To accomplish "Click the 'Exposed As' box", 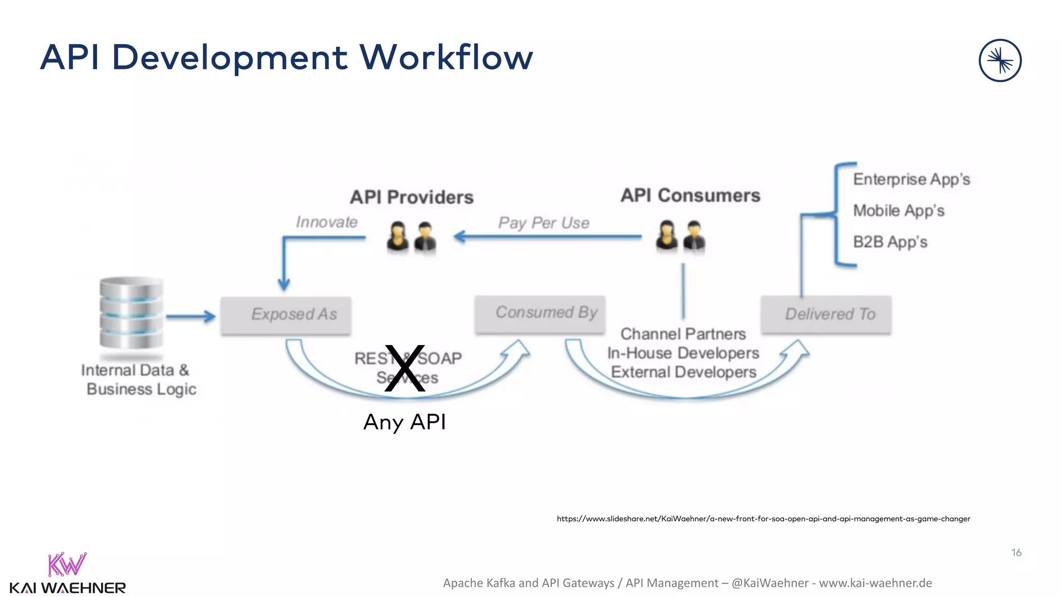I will pyautogui.click(x=286, y=315).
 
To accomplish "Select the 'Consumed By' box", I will pyautogui.click(x=540, y=314).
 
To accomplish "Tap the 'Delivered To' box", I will pyautogui.click(x=826, y=314).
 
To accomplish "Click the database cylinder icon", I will pyautogui.click(x=131, y=313).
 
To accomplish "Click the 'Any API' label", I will pyautogui.click(x=404, y=422).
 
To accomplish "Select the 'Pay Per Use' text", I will pyautogui.click(x=543, y=223).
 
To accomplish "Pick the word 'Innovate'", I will pyautogui.click(x=327, y=222).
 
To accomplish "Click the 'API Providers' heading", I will pyautogui.click(x=412, y=197).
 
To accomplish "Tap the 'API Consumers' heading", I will pyautogui.click(x=690, y=195).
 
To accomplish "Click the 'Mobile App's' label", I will pyautogui.click(x=899, y=210).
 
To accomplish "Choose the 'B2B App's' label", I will pyautogui.click(x=890, y=242).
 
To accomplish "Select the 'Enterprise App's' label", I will pyautogui.click(x=912, y=179).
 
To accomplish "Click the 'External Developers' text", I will pyautogui.click(x=683, y=372).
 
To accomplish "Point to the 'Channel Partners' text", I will pyautogui.click(x=683, y=334).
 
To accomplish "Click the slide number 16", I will pyautogui.click(x=1016, y=553).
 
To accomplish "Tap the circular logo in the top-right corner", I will pyautogui.click(x=1000, y=61).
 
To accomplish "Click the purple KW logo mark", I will pyautogui.click(x=67, y=564).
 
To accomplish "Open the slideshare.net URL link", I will pyautogui.click(x=763, y=519).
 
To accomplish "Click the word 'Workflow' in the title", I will pyautogui.click(x=446, y=57).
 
